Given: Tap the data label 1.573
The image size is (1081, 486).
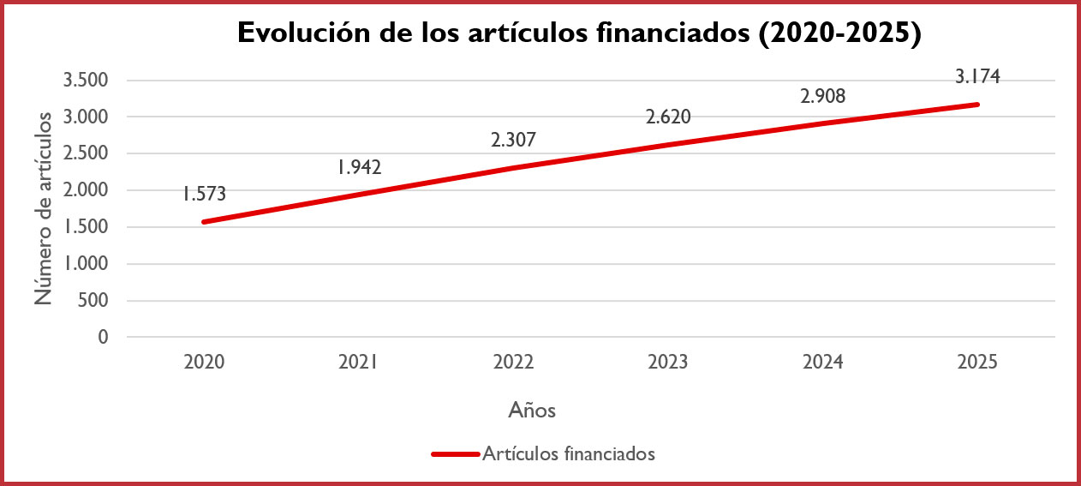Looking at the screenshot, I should [x=204, y=195].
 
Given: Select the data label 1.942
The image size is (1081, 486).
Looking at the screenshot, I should [x=359, y=167].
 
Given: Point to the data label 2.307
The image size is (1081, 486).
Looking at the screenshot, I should [x=513, y=140].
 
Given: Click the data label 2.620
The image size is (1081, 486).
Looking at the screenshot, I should [x=668, y=117].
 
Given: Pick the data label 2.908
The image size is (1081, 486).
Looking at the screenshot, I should [x=822, y=96].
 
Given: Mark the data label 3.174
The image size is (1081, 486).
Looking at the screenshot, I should [x=977, y=76].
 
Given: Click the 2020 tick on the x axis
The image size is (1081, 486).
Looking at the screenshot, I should [x=204, y=363].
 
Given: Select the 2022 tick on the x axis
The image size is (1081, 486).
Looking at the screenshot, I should [x=513, y=363].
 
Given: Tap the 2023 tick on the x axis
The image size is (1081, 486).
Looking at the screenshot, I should [x=668, y=363].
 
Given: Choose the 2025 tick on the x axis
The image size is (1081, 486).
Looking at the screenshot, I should [x=977, y=363].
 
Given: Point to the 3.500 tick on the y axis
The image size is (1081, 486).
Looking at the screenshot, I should [x=86, y=81].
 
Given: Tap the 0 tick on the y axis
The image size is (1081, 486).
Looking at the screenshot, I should [x=103, y=338].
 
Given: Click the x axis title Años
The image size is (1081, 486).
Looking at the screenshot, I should [x=532, y=411].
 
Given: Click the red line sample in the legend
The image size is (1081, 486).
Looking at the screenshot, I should [x=455, y=454].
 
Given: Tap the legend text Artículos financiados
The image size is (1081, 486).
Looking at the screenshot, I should [x=569, y=454].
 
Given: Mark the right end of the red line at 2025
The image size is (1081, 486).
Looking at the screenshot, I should [x=976, y=105].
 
